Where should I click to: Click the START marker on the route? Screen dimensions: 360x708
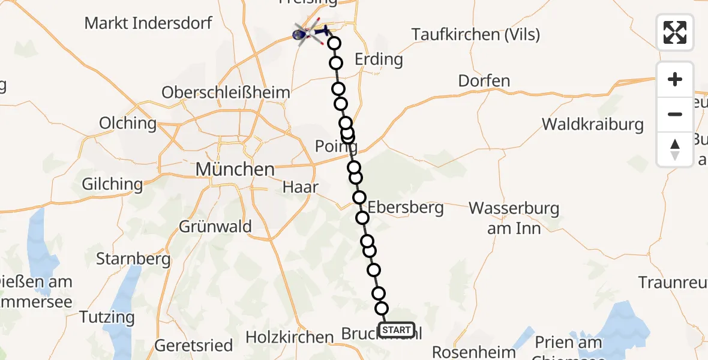pos(397,330)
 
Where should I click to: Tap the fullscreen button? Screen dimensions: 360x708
pos(675,32)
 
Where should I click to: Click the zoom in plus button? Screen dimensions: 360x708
pos(675,79)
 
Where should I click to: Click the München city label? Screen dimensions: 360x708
pos(235,169)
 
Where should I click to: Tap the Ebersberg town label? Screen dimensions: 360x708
pos(406,208)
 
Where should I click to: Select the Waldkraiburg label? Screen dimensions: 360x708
pos(593,125)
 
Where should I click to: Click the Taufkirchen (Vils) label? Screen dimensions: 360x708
pos(476,35)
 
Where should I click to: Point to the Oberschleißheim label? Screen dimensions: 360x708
pos(226,93)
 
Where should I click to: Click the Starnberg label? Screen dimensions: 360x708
pos(133,260)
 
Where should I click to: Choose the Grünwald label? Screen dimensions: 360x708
pos(215,227)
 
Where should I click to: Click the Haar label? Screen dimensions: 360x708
pos(301,187)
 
